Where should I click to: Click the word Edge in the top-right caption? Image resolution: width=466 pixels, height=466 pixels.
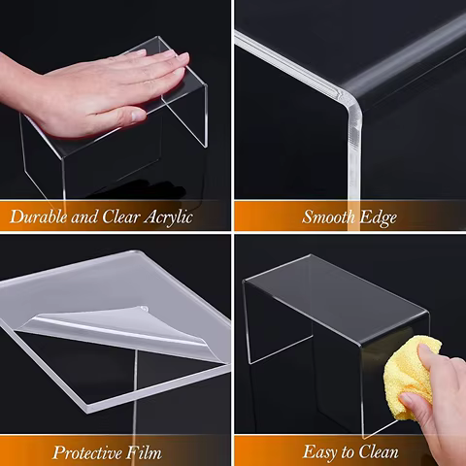[379, 216]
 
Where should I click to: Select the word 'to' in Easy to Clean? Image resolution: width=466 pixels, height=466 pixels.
[348, 451]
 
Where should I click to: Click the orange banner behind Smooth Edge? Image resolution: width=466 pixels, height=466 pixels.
[262, 216]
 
